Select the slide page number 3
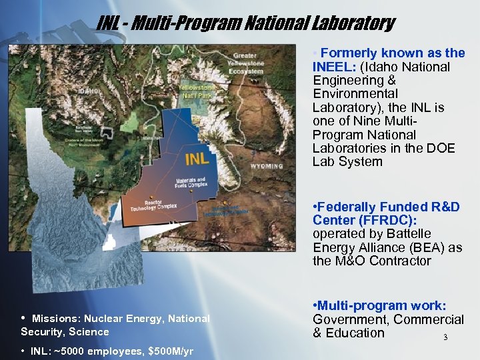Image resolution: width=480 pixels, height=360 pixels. (x=445, y=337)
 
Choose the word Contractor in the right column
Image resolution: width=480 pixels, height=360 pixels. (x=393, y=261)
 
